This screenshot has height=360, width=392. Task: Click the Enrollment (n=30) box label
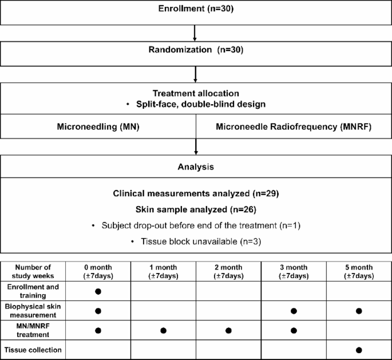point(196,9)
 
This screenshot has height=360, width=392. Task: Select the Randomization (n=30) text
point(196,50)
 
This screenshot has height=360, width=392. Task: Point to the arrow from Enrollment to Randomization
point(196,33)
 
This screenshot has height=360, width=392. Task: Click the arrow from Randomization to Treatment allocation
point(196,74)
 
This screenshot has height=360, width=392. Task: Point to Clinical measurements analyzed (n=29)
point(196,193)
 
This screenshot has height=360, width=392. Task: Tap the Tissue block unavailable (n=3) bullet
point(196,241)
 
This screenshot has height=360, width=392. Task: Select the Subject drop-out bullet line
point(196,226)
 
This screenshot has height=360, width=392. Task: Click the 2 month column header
point(228,271)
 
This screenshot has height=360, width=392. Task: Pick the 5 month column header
point(358,271)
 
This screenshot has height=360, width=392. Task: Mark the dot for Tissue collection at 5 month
point(358,349)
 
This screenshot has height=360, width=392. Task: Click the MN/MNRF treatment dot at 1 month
point(163,330)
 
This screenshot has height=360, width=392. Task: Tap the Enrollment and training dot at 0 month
point(98,291)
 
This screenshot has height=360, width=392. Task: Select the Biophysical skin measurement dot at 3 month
point(294,311)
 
